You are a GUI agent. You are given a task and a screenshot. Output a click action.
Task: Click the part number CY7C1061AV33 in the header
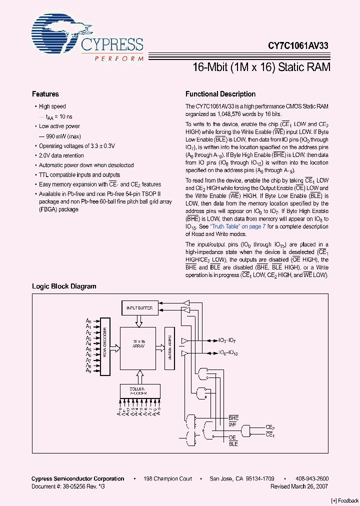298,44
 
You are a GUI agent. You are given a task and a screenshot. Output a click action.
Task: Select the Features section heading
45,94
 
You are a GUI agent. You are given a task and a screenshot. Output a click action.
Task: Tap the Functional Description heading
220,94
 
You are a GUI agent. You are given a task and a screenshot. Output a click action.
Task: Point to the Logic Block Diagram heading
64,286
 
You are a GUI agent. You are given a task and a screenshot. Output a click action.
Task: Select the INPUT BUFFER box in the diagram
139,308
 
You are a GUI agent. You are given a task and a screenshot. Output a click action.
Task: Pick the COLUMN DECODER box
139,390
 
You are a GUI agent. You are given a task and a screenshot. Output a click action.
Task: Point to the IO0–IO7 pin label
227,340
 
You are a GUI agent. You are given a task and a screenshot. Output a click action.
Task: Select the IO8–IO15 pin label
228,352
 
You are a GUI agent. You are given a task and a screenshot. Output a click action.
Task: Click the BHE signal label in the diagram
233,417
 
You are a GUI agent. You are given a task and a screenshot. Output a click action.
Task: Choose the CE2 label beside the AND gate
270,427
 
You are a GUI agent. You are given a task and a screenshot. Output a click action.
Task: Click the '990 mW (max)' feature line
60,136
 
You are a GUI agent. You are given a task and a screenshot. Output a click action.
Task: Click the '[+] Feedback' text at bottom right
345,500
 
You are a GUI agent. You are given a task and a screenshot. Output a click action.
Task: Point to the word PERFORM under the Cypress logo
119,58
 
